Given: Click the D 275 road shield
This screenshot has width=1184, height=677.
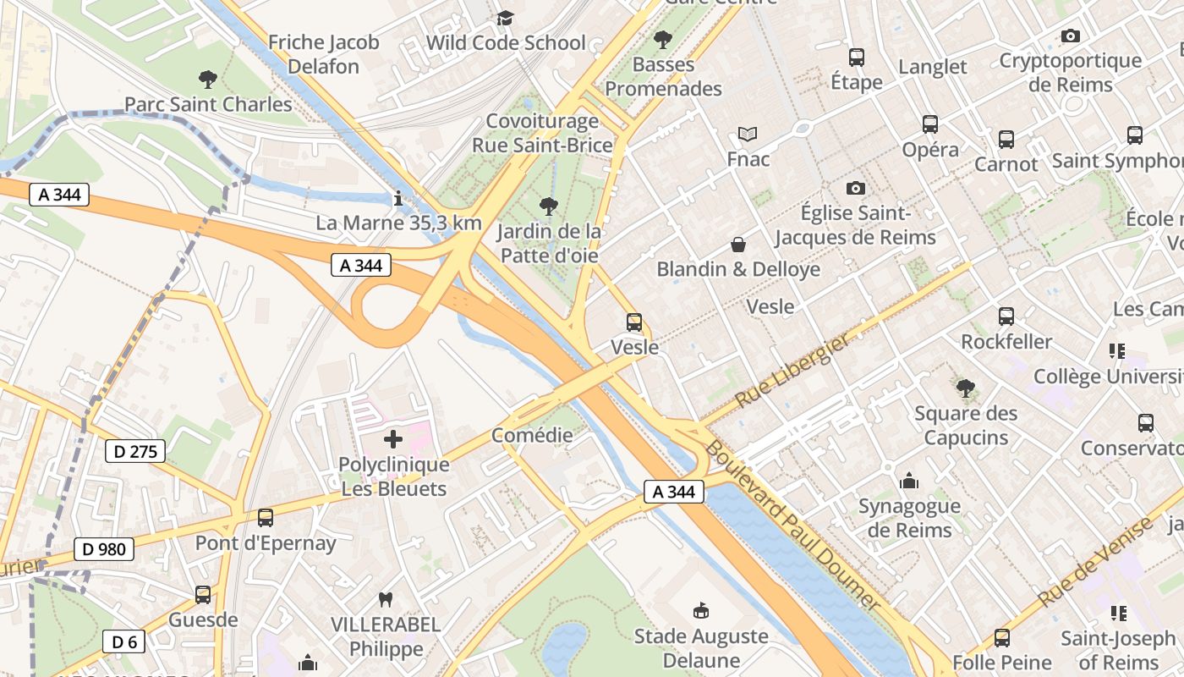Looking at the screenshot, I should coord(135,451).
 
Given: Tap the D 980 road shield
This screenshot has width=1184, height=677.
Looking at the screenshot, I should coord(105,549).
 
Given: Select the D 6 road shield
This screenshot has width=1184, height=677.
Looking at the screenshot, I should coord(124,642).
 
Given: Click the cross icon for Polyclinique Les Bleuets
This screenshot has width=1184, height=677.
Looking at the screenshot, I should coord(393,439).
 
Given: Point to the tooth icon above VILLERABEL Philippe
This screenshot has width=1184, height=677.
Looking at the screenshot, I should coord(386,600).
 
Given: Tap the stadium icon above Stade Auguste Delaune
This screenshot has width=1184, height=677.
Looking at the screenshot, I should coord(700,611).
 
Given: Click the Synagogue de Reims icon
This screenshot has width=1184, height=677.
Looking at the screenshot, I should coord(910,482).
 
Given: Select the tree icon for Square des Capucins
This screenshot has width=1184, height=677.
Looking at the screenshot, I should coord(965,388).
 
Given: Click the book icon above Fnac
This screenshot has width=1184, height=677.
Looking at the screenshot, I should coord(748,134).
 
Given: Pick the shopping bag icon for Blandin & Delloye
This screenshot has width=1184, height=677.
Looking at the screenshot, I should coord(738,245).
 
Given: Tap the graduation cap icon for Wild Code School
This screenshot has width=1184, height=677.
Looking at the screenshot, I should coord(505,18).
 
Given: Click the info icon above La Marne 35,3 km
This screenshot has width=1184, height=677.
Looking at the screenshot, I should coord(398,198).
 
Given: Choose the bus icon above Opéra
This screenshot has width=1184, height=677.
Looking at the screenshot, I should coord(930,124).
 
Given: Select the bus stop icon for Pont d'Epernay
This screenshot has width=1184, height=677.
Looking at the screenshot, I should coord(266,518).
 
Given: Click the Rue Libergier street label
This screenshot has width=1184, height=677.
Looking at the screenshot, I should coord(792,371).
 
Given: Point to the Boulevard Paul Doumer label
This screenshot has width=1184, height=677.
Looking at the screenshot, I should coord(794,525).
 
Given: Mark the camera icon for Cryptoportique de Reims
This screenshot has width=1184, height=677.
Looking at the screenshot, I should coord(1071,36).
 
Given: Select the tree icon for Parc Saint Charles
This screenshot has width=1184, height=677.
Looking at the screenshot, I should coord(208,80).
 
